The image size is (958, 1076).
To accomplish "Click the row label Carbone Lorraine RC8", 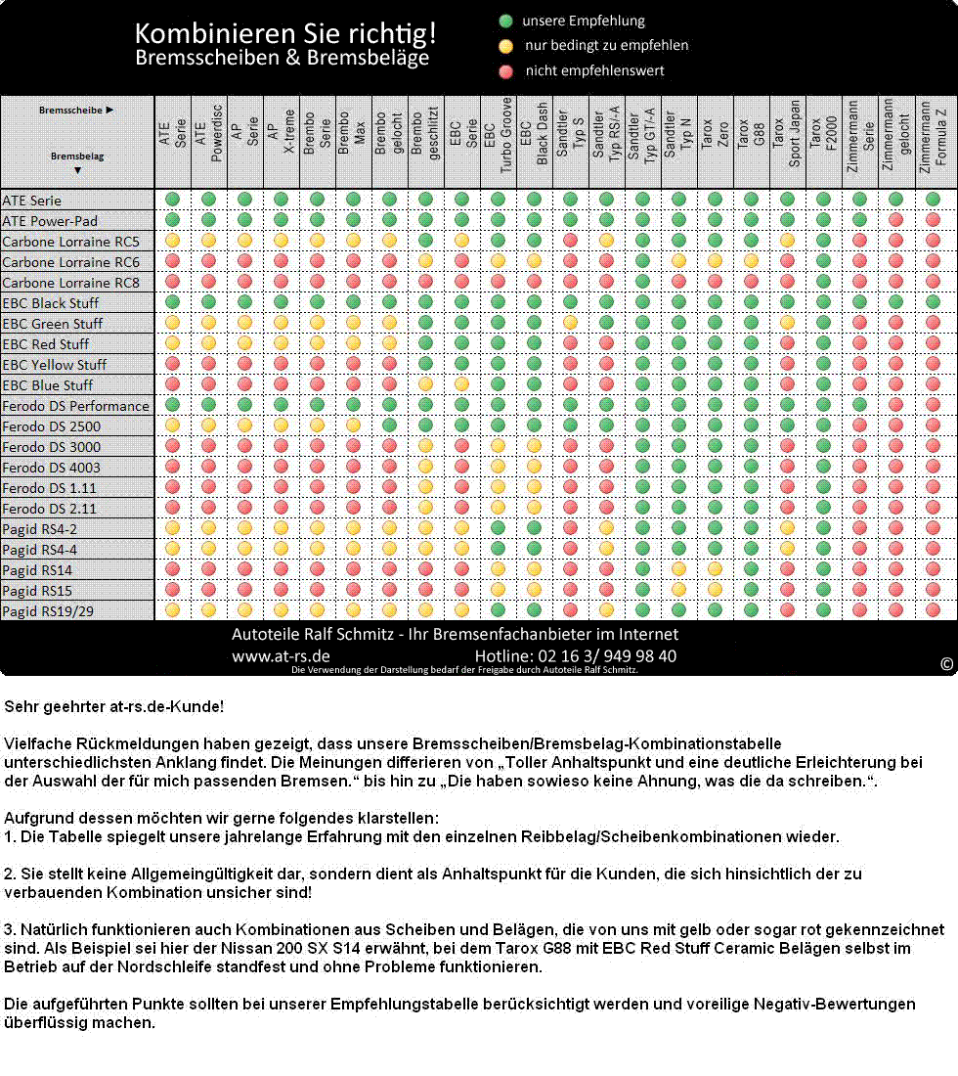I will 70,283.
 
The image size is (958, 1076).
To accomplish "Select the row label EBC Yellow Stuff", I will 55,365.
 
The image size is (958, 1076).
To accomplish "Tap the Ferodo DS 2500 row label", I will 52,426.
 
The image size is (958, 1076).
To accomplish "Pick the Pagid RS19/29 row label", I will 48,611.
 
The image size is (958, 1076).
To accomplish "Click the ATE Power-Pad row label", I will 50,221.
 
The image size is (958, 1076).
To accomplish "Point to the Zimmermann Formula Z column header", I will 933,142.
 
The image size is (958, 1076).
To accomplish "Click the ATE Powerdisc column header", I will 209,142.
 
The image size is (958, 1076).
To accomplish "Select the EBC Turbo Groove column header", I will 498,142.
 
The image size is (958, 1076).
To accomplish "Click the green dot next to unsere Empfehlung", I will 506,21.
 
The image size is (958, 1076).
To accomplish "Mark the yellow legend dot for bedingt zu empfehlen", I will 506,45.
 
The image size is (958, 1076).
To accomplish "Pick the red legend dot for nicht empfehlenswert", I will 506,70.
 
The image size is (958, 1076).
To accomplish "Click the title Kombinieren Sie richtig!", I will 285,34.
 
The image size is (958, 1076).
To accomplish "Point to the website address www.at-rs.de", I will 281,656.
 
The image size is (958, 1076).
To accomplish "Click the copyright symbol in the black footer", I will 946,664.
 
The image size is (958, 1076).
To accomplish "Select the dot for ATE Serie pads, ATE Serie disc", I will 173,201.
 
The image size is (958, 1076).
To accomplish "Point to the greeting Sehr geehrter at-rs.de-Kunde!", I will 114,705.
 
